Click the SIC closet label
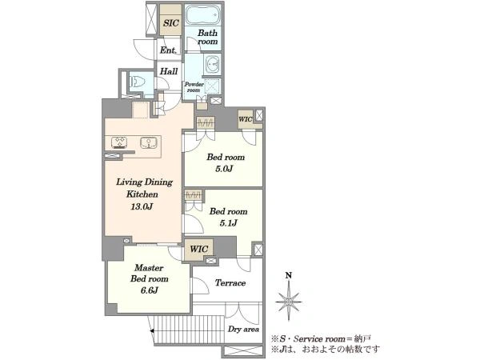tap(171, 23)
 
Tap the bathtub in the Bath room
tap(203, 14)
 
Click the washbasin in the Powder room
tap(212, 64)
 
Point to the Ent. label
tap(168, 50)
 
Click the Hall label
tap(169, 71)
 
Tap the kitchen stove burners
tap(119, 142)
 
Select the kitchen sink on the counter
tap(149, 142)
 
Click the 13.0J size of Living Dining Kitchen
tap(142, 206)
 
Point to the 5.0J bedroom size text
tap(224, 169)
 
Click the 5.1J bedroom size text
tap(228, 223)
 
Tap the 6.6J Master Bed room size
tap(149, 290)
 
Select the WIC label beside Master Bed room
tap(198, 249)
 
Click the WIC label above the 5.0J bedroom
tap(246, 119)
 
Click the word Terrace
tap(230, 282)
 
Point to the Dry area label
tap(243, 329)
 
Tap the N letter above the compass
tap(288, 275)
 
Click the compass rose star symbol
tap(288, 302)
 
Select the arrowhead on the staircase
tap(152, 330)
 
